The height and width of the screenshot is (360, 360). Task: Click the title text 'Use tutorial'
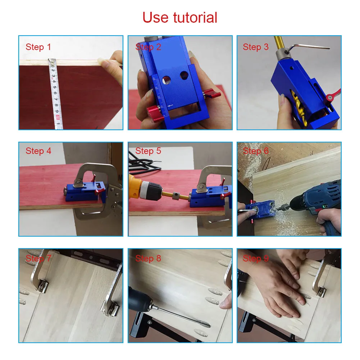coord(180,17)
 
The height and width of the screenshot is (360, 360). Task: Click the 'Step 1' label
coord(38,47)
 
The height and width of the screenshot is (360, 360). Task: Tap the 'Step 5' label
coord(148,151)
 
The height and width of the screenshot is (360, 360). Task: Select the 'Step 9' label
coord(256,258)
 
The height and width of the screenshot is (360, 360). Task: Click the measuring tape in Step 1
coord(55,94)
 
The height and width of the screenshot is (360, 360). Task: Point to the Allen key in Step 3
coord(309,47)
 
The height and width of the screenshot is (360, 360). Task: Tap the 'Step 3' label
coord(256,47)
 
